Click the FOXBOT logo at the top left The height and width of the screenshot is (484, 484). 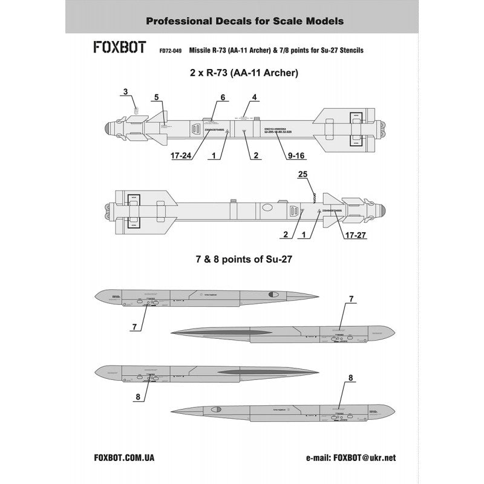click(119, 48)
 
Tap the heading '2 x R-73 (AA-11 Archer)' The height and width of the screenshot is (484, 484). click(241, 73)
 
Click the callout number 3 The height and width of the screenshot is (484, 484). click(125, 92)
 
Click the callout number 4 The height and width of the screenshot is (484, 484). click(255, 97)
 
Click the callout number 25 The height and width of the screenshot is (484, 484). click(304, 174)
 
